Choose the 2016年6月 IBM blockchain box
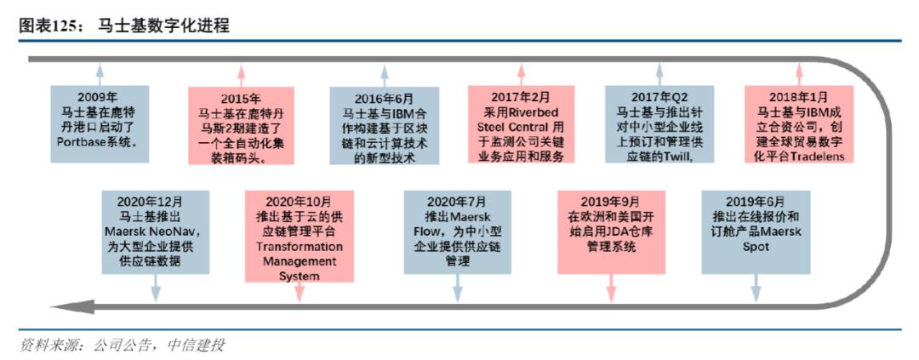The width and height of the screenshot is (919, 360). (384, 124)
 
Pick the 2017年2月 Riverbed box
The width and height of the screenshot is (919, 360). (521, 123)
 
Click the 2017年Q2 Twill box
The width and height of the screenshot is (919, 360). (658, 123)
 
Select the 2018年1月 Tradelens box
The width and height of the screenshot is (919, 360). (798, 123)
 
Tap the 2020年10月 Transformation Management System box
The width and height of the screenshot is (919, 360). (299, 236)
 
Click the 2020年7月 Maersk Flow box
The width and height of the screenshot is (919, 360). (458, 231)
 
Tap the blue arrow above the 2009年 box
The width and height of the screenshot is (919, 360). (100, 71)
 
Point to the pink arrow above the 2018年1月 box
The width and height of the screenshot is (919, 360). (797, 71)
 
